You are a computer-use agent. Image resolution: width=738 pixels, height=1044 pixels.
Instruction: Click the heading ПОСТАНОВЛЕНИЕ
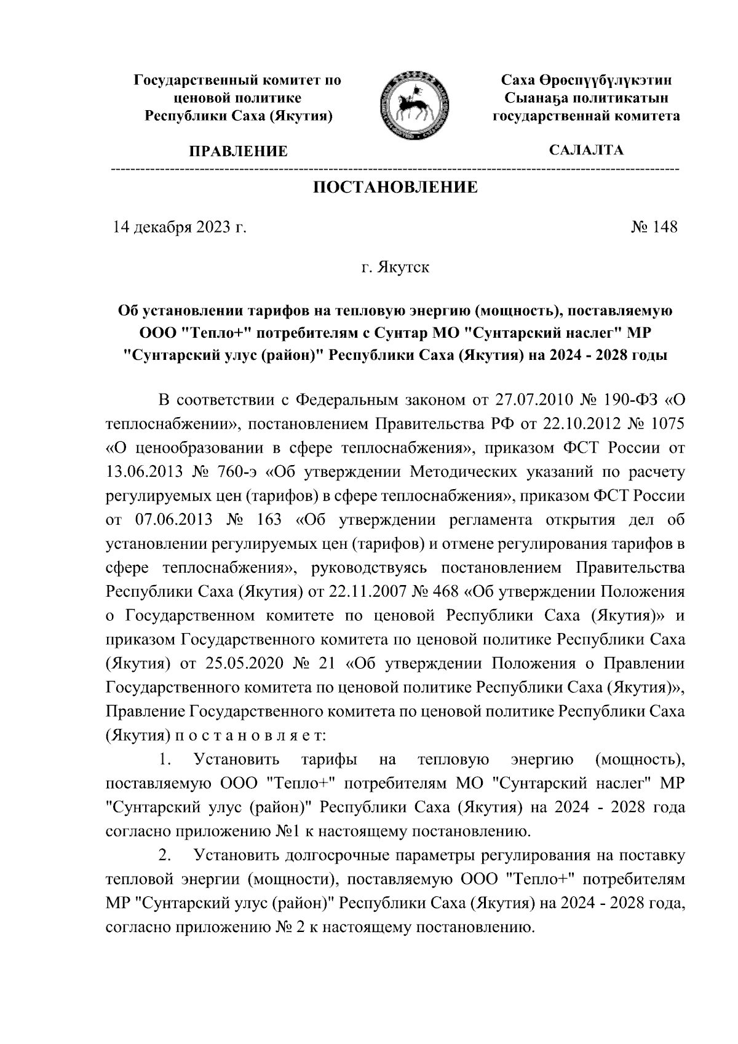pyautogui.click(x=395, y=188)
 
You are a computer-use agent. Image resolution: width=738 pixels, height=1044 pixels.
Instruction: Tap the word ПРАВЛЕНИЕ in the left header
pyautogui.click(x=238, y=151)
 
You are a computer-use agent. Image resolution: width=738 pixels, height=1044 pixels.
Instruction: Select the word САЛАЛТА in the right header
pyautogui.click(x=586, y=150)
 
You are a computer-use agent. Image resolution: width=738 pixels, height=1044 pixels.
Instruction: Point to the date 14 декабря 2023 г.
pyautogui.click(x=179, y=228)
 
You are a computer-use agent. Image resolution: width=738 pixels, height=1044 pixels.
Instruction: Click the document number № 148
pyautogui.click(x=654, y=228)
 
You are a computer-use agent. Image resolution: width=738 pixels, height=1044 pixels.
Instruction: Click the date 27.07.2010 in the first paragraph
pyautogui.click(x=533, y=400)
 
